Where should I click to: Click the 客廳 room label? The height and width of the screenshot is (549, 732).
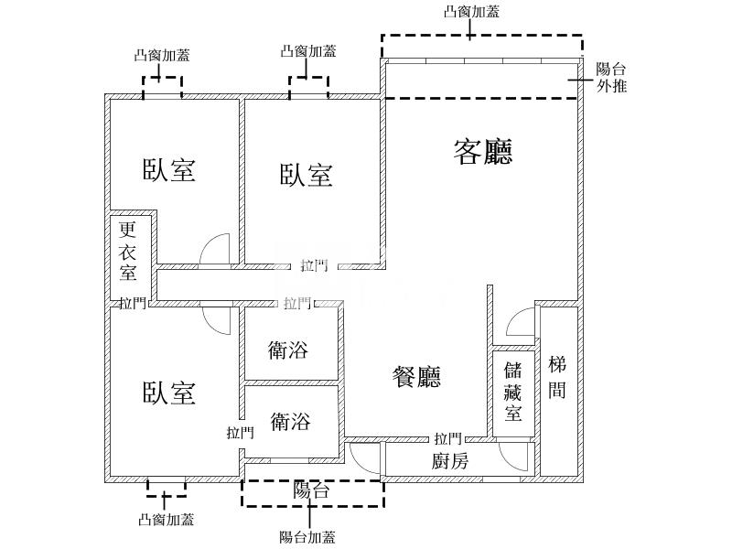[482, 152]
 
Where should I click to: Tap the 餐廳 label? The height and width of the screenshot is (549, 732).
[416, 376]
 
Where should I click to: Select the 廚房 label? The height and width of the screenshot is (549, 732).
[450, 461]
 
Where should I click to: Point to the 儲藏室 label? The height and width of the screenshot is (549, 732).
[513, 393]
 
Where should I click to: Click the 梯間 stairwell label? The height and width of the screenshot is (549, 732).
[557, 378]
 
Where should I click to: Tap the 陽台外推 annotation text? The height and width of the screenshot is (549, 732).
[611, 78]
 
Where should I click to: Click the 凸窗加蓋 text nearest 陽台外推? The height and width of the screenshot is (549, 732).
[471, 11]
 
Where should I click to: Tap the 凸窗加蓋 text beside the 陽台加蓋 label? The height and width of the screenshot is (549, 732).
[166, 520]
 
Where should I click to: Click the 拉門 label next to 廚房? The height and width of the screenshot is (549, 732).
[448, 439]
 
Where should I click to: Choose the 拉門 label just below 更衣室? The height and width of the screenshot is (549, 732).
[132, 303]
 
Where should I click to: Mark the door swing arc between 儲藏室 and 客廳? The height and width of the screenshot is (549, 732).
[519, 322]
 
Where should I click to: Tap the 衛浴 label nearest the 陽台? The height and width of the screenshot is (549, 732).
[289, 422]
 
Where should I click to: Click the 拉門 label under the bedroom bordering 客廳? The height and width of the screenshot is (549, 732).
[313, 266]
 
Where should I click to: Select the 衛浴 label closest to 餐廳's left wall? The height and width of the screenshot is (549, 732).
[289, 350]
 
